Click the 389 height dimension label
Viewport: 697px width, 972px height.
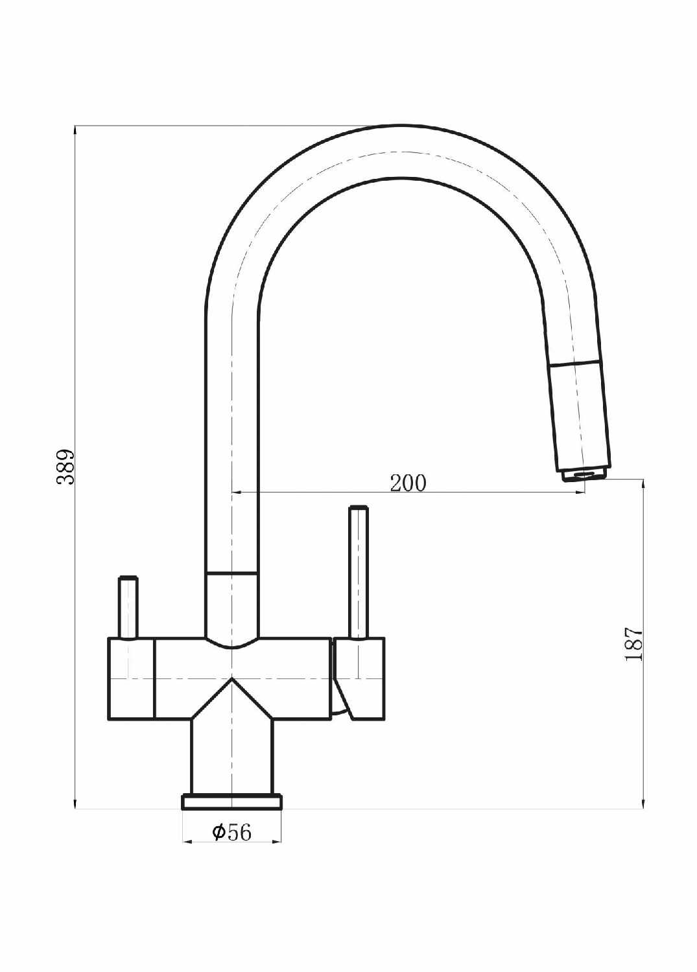click(66, 467)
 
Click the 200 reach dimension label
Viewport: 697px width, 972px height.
click(408, 483)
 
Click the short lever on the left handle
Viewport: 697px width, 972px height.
click(128, 608)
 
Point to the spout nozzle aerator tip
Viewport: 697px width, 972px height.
click(584, 475)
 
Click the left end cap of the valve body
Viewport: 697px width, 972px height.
click(131, 679)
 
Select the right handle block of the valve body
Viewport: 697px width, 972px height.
click(359, 679)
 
